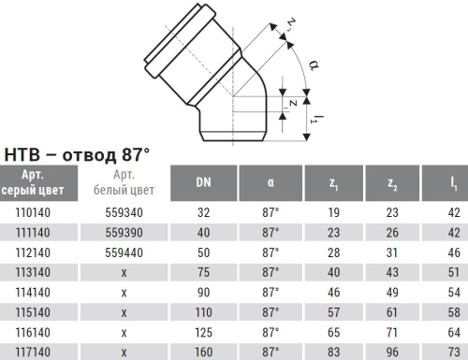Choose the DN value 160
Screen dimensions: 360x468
coord(203,351)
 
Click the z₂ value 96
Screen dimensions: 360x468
coord(394,351)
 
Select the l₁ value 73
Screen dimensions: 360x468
coord(454,351)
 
